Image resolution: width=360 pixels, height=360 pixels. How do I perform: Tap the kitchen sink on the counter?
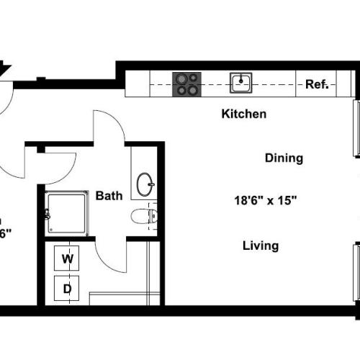coord(241,84)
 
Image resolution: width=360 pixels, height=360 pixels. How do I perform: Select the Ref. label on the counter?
coord(317,84)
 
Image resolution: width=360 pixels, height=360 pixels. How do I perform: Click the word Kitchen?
coord(244,114)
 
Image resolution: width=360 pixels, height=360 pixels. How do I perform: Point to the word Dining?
coord(284,158)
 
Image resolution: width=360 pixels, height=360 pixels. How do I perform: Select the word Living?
coord(261,246)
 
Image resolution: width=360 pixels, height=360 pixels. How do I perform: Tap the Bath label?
coord(109,195)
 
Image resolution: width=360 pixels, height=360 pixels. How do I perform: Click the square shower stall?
coord(67,214)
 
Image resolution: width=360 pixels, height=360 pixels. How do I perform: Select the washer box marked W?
coord(67,259)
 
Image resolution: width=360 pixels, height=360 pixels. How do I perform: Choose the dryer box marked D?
coord(67,289)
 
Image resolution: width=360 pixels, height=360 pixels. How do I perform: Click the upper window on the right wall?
coord(356,128)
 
